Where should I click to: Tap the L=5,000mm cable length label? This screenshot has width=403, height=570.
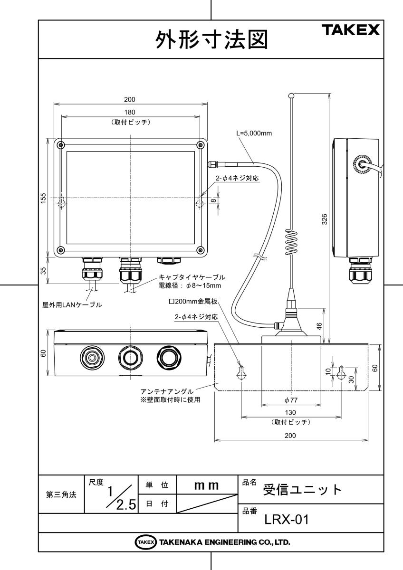pos(254,133)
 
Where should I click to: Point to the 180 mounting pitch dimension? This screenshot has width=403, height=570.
pos(130,112)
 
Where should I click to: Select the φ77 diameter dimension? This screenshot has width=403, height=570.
pos(291,400)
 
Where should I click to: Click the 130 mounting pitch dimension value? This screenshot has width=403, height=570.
pos(291,414)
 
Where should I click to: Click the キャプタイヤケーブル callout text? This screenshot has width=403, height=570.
pos(192,276)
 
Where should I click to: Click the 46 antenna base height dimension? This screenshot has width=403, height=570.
pos(319,326)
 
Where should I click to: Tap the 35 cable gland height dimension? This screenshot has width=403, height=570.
pos(43,271)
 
